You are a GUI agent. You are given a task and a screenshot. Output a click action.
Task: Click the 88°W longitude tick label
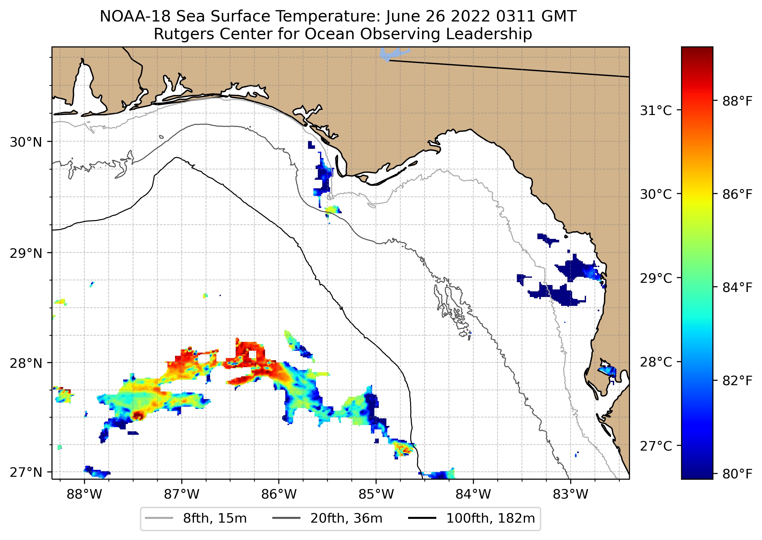click(84, 494)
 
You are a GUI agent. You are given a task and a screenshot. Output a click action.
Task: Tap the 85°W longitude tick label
click(376, 494)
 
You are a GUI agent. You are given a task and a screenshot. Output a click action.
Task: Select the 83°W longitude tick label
click(571, 494)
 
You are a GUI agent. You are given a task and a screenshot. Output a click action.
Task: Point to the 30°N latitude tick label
click(26, 142)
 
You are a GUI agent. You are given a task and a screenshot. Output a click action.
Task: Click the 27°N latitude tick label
click(26, 472)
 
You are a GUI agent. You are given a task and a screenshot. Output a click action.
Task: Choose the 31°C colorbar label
click(656, 110)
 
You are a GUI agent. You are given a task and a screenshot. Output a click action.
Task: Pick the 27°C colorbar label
click(656, 446)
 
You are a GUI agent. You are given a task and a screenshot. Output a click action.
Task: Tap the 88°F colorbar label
click(737, 101)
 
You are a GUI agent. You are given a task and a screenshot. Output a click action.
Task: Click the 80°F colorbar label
click(737, 474)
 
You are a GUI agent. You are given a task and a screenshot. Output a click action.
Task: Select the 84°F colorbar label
click(737, 288)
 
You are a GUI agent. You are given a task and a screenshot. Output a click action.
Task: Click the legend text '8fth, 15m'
click(215, 519)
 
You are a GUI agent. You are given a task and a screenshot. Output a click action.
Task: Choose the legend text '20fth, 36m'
click(347, 519)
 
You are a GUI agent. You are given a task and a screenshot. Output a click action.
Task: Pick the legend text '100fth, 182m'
click(490, 519)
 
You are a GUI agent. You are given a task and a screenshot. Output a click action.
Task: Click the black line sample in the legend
click(422, 518)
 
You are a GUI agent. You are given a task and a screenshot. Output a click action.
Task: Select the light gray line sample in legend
click(159, 518)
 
